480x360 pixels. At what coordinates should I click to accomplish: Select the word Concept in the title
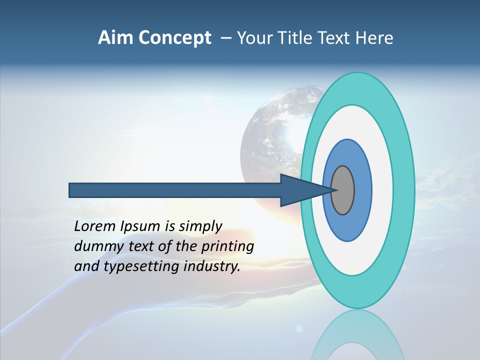174,38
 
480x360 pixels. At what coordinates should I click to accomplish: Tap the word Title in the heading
295,37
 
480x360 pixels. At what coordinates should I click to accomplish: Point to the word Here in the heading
374,37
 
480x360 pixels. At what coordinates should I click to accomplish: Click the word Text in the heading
336,37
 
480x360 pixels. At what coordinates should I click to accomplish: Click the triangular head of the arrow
300,190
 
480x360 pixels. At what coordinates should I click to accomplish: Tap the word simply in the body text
200,226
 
